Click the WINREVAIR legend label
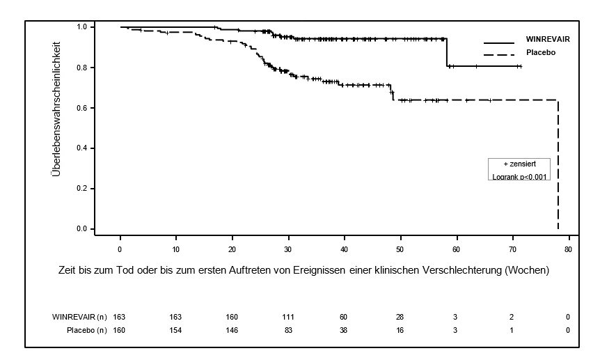548,40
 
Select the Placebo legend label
541,52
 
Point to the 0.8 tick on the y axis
82,68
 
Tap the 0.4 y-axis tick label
82,148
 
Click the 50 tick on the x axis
400,250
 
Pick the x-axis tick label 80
568,250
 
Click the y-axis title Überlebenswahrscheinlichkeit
56,109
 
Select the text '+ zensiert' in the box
520,164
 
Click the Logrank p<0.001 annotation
519,177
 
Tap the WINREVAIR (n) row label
79,317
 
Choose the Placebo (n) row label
87,330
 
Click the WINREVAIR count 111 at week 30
287,317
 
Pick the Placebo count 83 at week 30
288,330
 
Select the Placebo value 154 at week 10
175,330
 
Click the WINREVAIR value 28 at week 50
400,317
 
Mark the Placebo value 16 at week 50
400,330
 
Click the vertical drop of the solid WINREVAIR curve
447,52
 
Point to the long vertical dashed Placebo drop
558,164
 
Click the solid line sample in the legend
499,42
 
